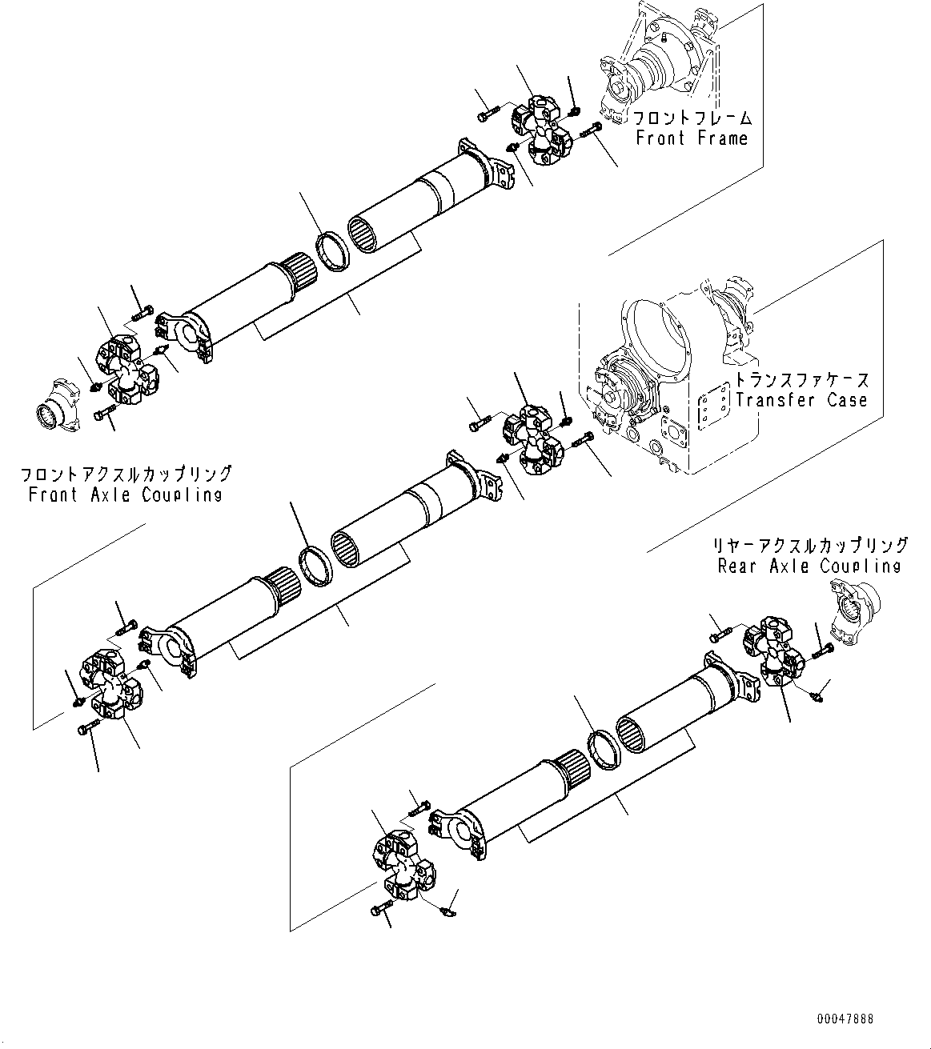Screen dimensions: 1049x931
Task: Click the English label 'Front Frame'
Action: click(x=692, y=138)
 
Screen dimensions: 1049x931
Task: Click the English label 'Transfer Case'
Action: click(x=801, y=400)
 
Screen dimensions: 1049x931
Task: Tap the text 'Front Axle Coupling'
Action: click(x=125, y=494)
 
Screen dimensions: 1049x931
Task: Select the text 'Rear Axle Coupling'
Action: click(x=809, y=567)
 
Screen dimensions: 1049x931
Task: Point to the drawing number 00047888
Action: click(x=845, y=1019)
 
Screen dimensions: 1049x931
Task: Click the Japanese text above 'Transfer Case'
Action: click(x=801, y=381)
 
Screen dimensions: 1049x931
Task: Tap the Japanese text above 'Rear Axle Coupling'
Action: click(x=811, y=546)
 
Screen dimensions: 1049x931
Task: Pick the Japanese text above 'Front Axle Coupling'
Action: click(x=126, y=474)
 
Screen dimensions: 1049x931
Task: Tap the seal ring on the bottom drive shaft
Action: click(x=604, y=750)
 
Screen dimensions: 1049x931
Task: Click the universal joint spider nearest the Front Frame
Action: click(x=542, y=128)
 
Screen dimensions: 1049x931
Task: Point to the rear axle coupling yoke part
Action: click(x=854, y=614)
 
